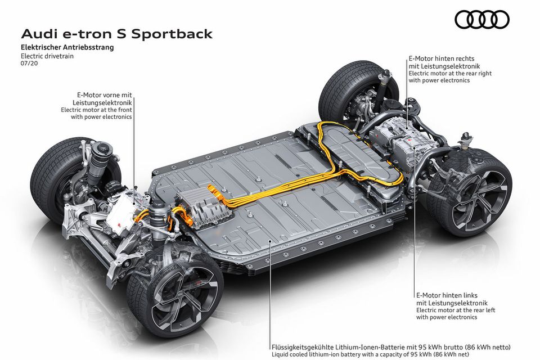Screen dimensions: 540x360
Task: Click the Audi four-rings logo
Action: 482,19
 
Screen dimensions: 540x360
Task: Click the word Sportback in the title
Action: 172,34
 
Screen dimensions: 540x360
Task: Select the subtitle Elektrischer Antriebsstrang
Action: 67,47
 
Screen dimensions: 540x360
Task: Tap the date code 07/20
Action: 29,64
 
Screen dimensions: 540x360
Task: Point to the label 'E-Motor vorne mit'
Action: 105,95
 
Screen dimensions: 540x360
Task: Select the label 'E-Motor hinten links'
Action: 447,295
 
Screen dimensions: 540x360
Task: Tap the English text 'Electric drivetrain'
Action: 47,56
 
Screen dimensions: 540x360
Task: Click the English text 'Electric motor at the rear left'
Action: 455,310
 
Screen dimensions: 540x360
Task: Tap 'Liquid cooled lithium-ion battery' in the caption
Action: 314,354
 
